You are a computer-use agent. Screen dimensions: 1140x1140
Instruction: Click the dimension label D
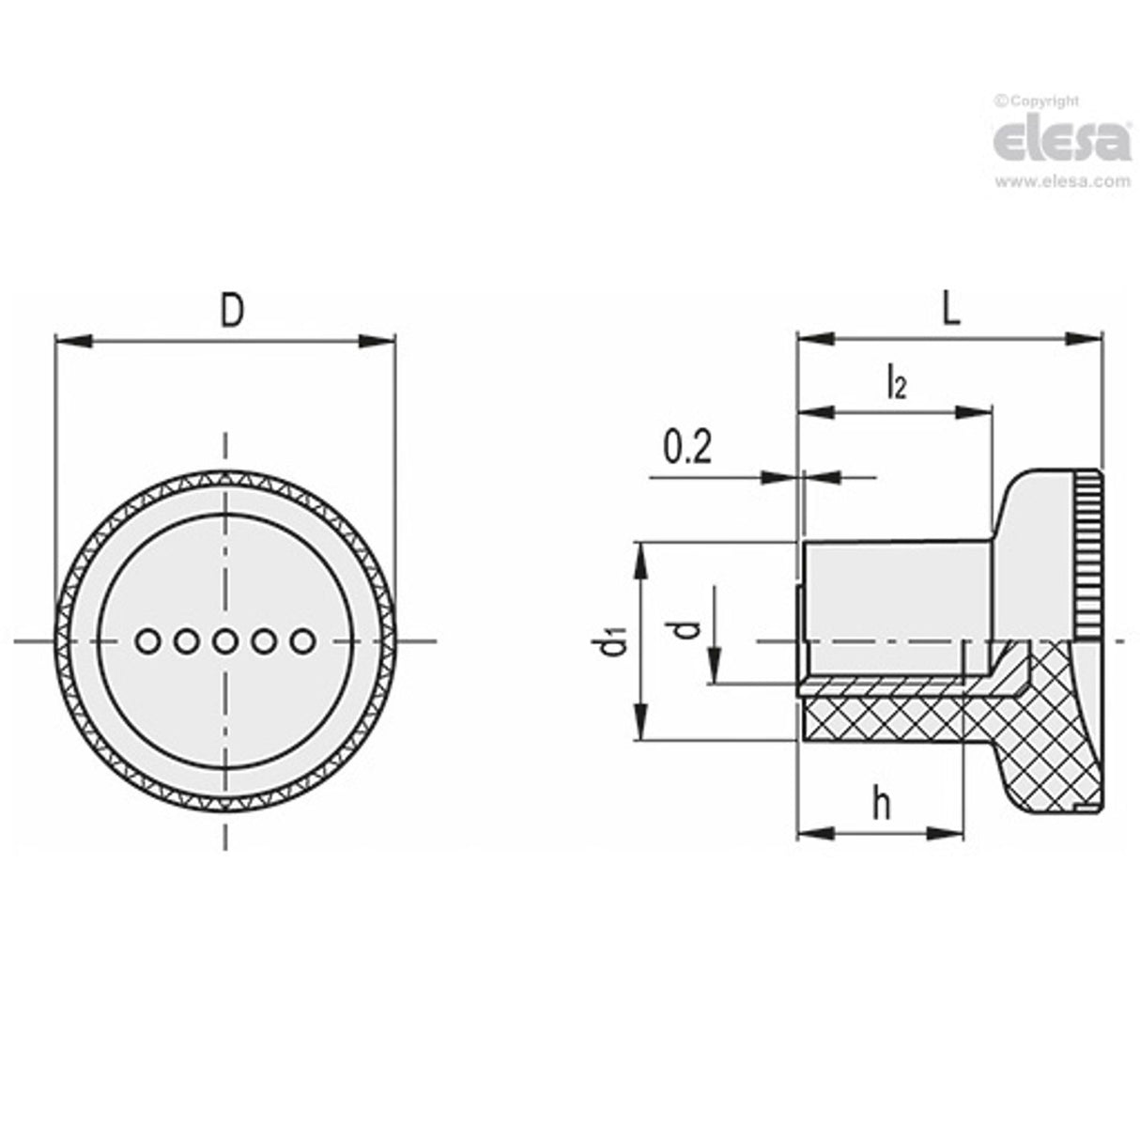pyautogui.click(x=231, y=311)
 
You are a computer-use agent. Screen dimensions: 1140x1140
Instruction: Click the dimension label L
pyautogui.click(x=951, y=311)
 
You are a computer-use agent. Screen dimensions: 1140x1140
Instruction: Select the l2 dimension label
pyautogui.click(x=896, y=383)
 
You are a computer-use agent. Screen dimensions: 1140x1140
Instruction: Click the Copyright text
pyautogui.click(x=1039, y=100)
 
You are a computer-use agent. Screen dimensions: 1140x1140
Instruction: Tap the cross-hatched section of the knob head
pyautogui.click(x=1052, y=742)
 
